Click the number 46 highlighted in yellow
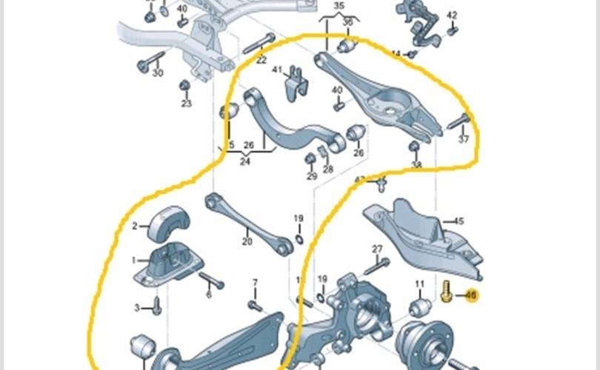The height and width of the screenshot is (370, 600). [x=471, y=296]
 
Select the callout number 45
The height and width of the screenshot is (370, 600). [x=459, y=221]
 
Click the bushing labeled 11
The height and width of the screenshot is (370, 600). [x=421, y=306]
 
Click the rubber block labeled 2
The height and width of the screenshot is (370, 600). [x=170, y=221]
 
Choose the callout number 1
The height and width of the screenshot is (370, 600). [x=135, y=260]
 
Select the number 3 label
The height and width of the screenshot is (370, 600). [x=136, y=307]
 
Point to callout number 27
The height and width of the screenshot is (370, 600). [x=377, y=249]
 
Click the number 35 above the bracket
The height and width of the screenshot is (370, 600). [x=339, y=5]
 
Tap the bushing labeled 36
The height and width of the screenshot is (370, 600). [x=348, y=47]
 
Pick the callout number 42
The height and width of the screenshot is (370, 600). [x=452, y=15]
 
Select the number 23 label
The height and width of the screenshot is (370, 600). [x=186, y=103]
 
